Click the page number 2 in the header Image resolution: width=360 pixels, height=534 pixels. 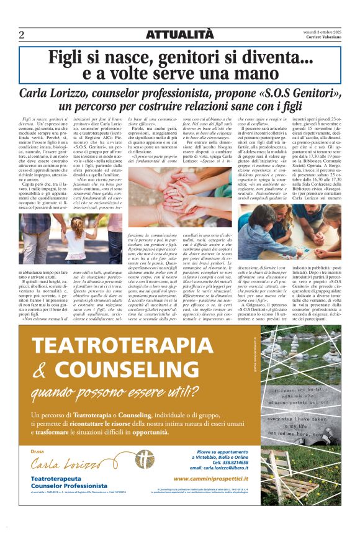(x=21, y=35)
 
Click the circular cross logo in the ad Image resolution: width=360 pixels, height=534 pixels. (x=145, y=461)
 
